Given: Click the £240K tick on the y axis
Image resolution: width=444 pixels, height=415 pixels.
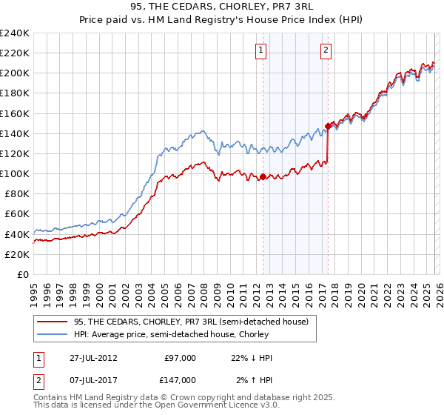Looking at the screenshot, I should (15, 33).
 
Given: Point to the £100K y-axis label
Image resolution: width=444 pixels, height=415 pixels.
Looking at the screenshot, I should (15, 173).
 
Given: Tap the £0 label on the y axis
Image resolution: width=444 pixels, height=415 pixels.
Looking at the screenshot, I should (22, 274).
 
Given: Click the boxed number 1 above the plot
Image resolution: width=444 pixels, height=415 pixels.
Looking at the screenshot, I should (262, 50).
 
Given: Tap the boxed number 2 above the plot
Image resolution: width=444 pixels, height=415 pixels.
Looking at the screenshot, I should (326, 50).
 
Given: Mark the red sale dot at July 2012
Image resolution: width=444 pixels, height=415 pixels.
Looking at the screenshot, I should (263, 177).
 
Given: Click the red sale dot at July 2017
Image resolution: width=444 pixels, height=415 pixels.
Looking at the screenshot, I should (327, 127).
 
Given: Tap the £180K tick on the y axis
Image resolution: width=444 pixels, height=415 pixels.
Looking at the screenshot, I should (15, 93).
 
